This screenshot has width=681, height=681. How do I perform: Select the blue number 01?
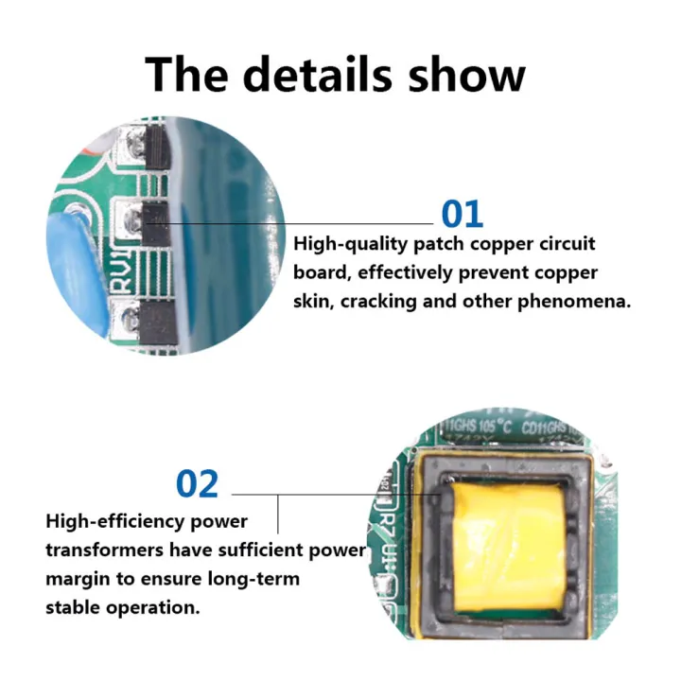click(x=463, y=214)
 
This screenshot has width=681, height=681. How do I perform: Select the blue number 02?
click(x=197, y=483)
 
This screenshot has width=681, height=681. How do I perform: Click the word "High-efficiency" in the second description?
click(x=109, y=521)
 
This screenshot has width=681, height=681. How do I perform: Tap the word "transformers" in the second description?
click(x=106, y=550)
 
